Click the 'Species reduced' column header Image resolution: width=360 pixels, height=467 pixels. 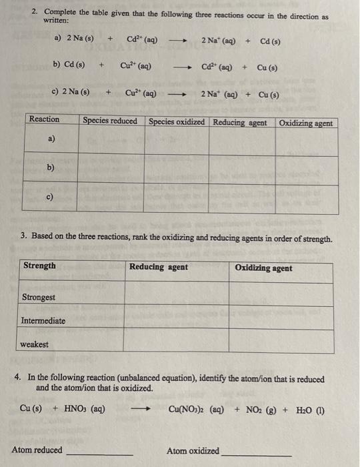[110, 121]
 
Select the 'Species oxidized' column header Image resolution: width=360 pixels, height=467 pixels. [177, 122]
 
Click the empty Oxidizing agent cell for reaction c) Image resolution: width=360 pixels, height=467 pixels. [306, 198]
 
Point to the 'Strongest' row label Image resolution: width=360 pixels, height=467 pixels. [39, 297]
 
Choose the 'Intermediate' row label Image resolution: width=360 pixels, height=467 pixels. [43, 321]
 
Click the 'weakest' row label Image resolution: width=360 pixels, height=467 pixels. [34, 344]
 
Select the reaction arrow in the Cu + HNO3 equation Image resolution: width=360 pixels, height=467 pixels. [139, 410]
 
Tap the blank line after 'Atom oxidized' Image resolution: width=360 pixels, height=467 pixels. [256, 454]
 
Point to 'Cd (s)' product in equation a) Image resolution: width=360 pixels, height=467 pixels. [270, 41]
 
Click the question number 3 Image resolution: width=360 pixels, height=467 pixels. [24, 236]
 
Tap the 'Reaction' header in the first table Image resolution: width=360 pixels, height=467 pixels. [44, 119]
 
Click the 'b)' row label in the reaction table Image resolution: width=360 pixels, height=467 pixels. [51, 168]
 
